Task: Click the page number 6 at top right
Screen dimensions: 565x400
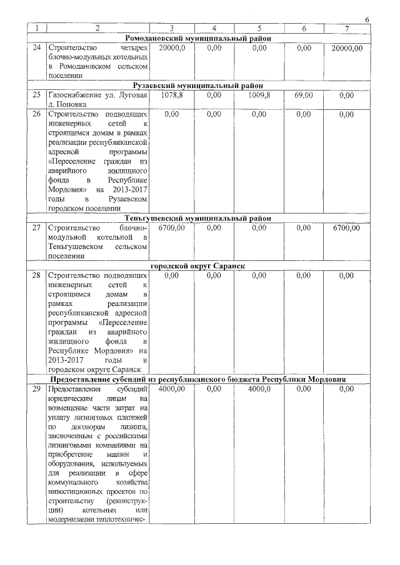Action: click(367, 20)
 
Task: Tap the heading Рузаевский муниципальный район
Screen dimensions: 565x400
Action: click(198, 86)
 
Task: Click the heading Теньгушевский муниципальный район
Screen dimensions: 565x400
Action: click(198, 219)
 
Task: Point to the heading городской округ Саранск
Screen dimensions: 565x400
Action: click(198, 266)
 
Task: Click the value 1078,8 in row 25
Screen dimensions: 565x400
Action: click(172, 96)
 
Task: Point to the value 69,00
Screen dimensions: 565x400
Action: click(303, 96)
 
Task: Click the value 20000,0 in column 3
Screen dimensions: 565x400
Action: click(172, 48)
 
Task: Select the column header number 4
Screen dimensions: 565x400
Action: click(214, 29)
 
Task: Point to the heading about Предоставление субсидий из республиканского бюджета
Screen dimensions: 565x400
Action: click(198, 379)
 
